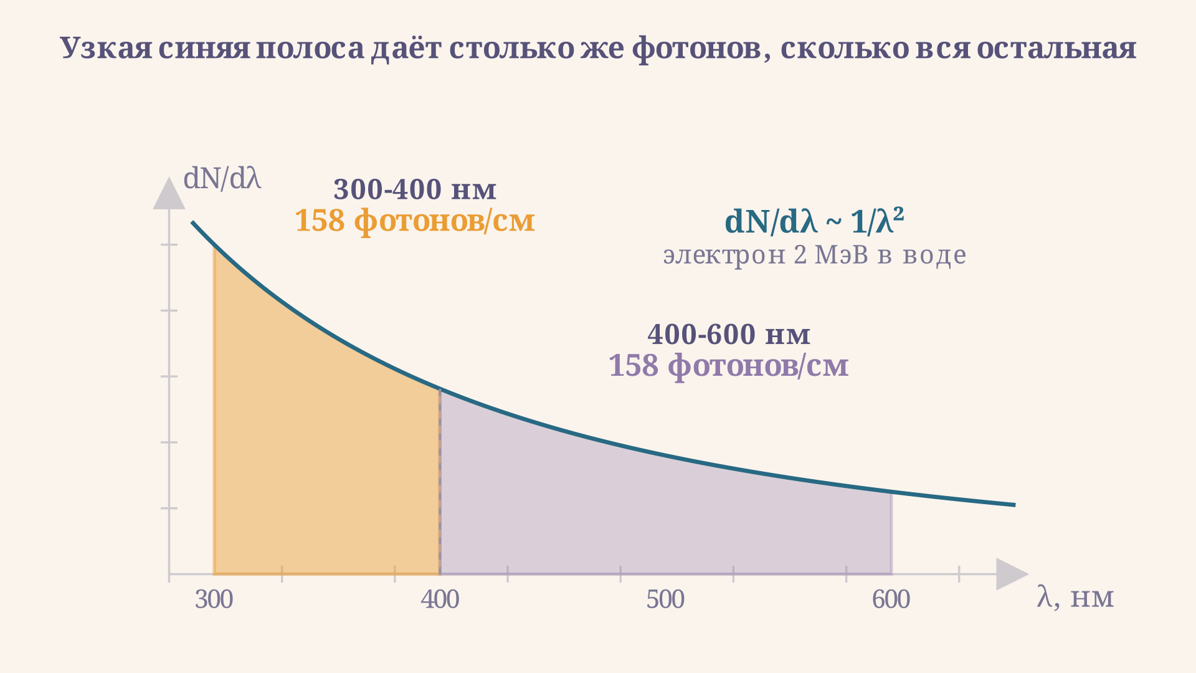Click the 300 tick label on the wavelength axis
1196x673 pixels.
click(x=214, y=599)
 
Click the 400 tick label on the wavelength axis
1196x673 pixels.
click(x=440, y=599)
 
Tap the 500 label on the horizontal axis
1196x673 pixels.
click(x=665, y=599)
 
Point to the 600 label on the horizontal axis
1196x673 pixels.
click(x=891, y=599)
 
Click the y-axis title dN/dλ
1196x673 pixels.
click(x=222, y=179)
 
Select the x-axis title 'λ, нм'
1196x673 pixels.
click(x=1075, y=597)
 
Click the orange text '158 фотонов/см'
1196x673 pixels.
click(x=414, y=221)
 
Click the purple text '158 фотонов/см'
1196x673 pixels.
click(x=728, y=366)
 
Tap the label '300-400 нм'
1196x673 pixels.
click(x=415, y=189)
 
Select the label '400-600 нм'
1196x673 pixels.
click(x=729, y=335)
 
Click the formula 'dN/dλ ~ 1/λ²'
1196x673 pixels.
click(x=814, y=221)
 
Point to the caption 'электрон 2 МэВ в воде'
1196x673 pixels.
click(x=814, y=255)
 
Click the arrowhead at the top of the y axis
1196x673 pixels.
click(x=169, y=193)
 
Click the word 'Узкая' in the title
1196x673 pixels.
click(x=106, y=49)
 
